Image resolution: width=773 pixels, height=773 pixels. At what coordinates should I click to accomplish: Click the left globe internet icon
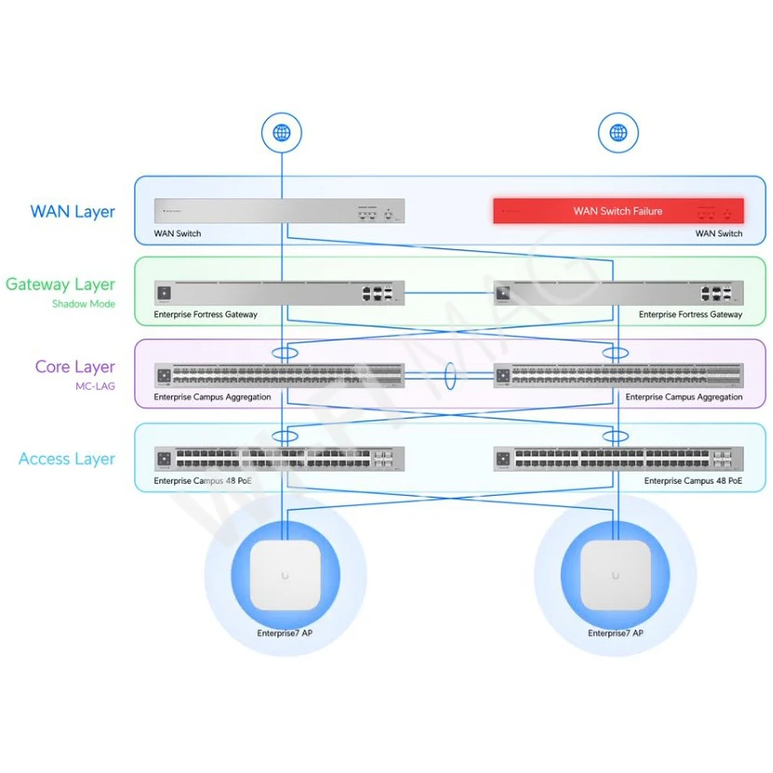coord(281,133)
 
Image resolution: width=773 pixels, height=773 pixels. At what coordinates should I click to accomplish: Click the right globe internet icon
coord(618,133)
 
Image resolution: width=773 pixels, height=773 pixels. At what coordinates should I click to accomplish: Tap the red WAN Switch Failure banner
coord(618,211)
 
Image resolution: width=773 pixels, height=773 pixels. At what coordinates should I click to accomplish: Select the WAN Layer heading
coord(73,211)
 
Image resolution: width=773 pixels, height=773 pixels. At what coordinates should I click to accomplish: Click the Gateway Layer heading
coord(60,285)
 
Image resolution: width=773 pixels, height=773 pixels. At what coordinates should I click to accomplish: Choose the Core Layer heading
coord(75,367)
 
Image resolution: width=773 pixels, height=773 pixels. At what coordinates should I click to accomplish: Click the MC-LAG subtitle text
coord(97,386)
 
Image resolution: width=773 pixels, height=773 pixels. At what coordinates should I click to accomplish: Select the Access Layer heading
coord(67,459)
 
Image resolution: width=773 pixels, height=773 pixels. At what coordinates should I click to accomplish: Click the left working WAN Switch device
coord(279,211)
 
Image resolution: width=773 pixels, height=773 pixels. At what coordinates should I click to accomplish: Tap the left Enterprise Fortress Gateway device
coord(279,293)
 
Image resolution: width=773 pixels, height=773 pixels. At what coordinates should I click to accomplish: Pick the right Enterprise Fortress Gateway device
coord(619,293)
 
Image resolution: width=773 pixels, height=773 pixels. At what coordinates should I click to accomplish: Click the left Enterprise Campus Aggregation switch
coord(279,376)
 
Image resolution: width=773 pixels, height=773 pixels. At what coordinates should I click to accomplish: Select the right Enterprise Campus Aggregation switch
coord(619,376)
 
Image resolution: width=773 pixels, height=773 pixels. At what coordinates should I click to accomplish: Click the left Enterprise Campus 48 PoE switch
coord(279,459)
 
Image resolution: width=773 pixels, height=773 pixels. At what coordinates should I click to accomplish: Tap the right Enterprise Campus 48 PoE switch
coord(619,459)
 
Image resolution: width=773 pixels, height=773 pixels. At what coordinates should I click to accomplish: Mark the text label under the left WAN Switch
coord(177,233)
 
